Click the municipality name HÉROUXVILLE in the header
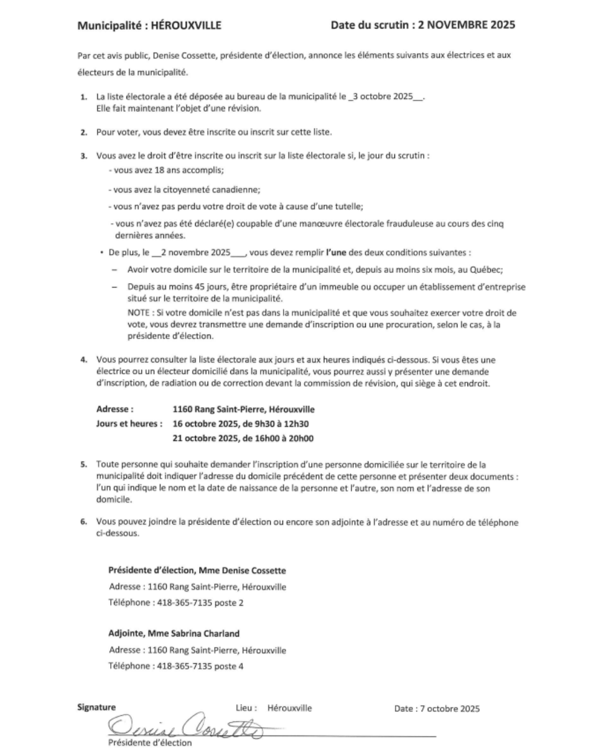(x=186, y=25)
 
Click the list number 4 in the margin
(x=83, y=360)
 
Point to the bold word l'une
(x=336, y=252)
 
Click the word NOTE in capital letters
(x=138, y=313)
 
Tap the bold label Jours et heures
(x=129, y=424)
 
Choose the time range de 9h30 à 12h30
(x=276, y=424)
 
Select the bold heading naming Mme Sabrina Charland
(x=174, y=634)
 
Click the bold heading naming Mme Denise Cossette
(x=197, y=570)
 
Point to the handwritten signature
(x=185, y=727)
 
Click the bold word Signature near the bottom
(x=96, y=707)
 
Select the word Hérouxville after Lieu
(x=289, y=708)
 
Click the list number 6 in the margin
(x=83, y=522)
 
